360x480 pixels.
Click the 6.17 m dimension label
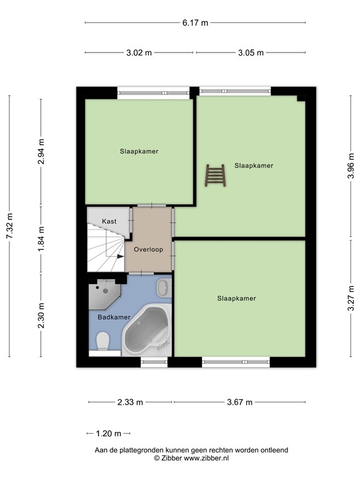pos(195,23)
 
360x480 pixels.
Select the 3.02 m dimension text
pos(139,52)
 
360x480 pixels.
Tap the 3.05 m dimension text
pos(251,52)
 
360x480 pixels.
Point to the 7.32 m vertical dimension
pos(9,226)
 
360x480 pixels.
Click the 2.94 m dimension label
pos(41,152)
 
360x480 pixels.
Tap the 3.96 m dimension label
pos(351,167)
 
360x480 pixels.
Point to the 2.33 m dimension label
pos(130,402)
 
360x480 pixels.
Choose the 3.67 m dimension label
pos(239,402)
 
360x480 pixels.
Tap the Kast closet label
pos(109,221)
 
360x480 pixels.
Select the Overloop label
pos(148,249)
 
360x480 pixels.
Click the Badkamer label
pos(114,317)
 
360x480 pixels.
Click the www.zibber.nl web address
pos(204,458)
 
